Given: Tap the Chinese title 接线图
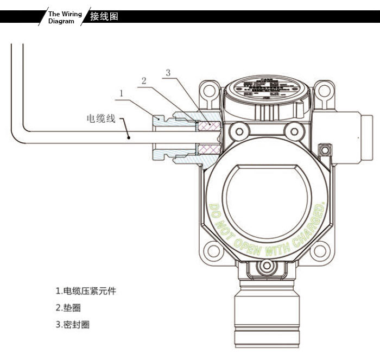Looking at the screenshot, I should tap(104, 16).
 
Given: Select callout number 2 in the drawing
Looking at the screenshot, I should tap(144, 81).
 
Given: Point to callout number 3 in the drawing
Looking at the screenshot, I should tap(168, 72).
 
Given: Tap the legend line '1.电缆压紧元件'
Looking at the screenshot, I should tap(86, 291).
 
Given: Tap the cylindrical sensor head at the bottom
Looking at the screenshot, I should tap(265, 318).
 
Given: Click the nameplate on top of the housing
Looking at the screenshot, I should tap(265, 87).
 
